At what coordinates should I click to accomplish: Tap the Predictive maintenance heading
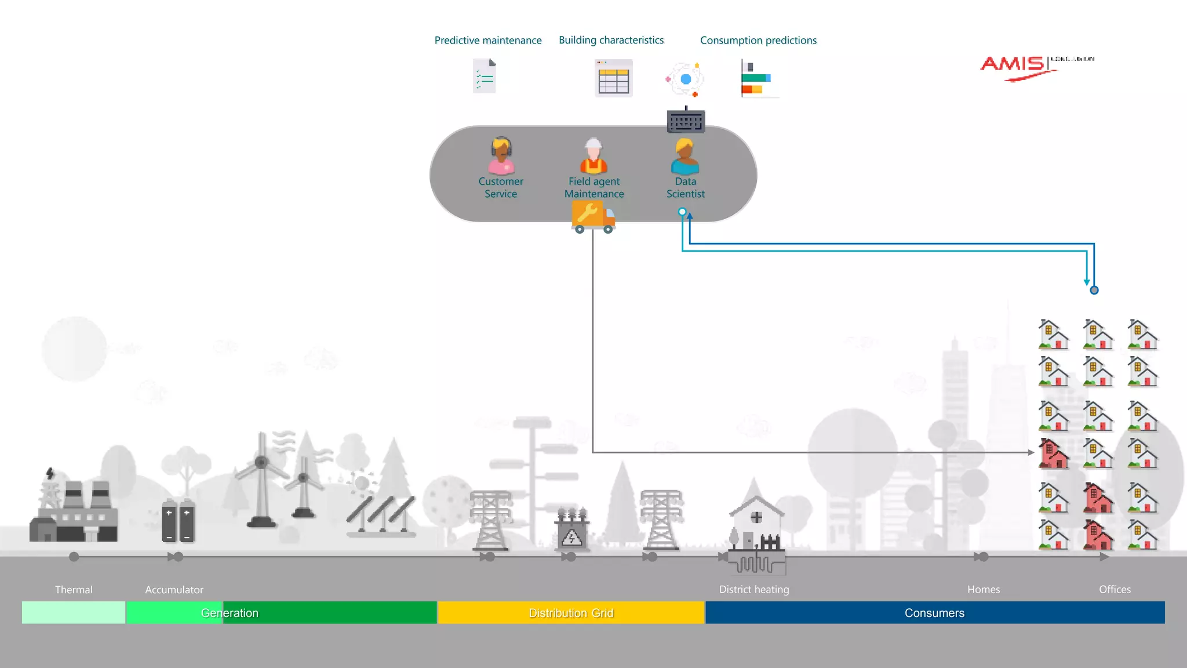(488, 41)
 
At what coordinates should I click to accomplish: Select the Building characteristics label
(611, 40)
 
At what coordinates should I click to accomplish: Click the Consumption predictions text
(758, 41)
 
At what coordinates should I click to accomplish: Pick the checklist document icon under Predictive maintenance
(485, 76)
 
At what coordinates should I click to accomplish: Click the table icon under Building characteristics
(613, 78)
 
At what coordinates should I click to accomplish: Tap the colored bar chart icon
(756, 78)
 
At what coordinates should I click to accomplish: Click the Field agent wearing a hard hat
(593, 156)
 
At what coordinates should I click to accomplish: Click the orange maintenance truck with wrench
(593, 217)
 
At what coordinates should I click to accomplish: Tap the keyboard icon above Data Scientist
(686, 121)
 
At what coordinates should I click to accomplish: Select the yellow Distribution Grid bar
(571, 613)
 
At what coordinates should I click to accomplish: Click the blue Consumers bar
(934, 613)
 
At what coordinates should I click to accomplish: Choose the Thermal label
(74, 590)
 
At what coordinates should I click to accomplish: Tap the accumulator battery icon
(178, 521)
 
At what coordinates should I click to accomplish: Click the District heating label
(753, 590)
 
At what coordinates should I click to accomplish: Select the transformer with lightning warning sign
(571, 529)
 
